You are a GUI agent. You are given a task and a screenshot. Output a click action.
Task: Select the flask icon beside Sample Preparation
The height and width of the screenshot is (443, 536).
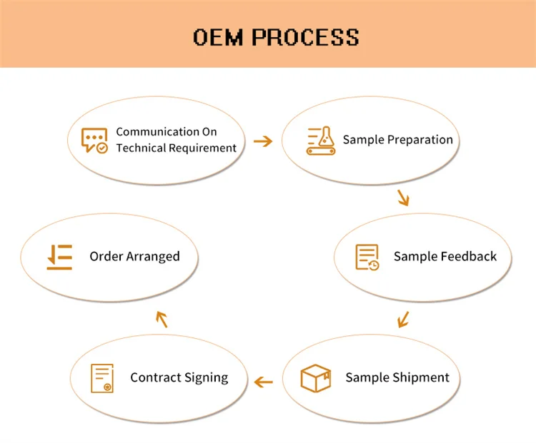pos(320,141)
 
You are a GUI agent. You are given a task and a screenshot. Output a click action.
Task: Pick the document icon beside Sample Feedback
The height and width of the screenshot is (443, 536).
pos(368,257)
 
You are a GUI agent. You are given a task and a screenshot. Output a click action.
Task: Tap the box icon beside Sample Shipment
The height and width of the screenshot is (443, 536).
pos(315,378)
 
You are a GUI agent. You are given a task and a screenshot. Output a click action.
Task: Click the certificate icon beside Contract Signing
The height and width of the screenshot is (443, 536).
pos(102,378)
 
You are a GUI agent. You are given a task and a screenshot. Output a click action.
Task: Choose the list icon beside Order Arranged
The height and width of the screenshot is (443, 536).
pos(60,257)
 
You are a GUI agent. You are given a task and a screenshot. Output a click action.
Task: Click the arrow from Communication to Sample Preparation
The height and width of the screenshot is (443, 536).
pos(264,141)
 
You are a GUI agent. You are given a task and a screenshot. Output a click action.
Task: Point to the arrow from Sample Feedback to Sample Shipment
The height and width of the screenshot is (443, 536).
pos(403,318)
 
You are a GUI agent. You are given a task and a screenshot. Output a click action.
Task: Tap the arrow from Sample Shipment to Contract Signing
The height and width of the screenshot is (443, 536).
pos(264,382)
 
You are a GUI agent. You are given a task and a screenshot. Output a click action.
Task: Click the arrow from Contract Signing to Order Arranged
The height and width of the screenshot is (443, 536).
pos(162,320)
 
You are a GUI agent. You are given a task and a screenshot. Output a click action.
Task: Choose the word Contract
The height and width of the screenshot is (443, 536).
pos(154,377)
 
